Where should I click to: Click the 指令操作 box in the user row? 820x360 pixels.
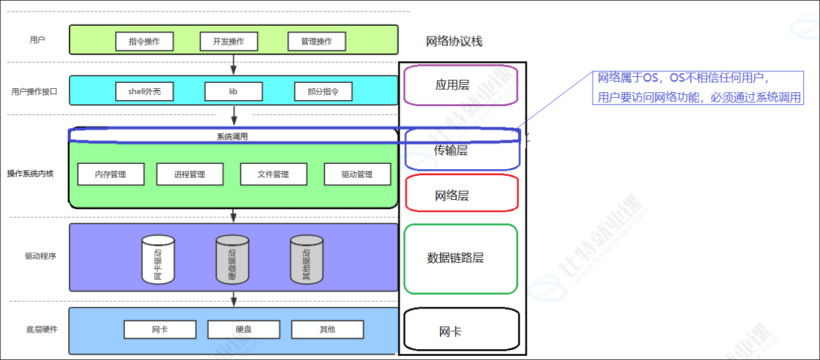click(144, 41)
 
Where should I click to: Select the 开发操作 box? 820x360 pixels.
click(229, 41)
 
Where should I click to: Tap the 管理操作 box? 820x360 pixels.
click(316, 41)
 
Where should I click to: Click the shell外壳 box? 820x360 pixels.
click(144, 92)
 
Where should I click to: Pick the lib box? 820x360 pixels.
click(233, 92)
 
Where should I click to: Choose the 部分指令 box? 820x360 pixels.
click(323, 92)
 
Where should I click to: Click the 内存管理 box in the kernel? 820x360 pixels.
click(110, 174)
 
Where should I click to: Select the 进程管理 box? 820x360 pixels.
click(190, 174)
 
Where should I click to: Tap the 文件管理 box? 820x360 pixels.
click(274, 174)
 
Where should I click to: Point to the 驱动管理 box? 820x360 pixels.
click(358, 174)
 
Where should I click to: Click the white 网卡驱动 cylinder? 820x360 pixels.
click(158, 259)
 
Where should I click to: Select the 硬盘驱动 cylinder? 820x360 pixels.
click(232, 259)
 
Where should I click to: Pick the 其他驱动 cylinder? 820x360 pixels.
click(307, 259)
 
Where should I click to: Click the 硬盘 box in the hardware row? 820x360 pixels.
click(244, 329)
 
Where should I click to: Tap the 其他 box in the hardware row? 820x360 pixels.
click(328, 329)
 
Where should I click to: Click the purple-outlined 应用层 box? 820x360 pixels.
click(460, 85)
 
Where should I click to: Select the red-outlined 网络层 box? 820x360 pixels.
click(461, 193)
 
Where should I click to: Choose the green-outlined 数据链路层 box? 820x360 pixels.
click(460, 259)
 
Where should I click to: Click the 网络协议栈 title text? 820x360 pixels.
click(454, 41)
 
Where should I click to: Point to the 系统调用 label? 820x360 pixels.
click(232, 137)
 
